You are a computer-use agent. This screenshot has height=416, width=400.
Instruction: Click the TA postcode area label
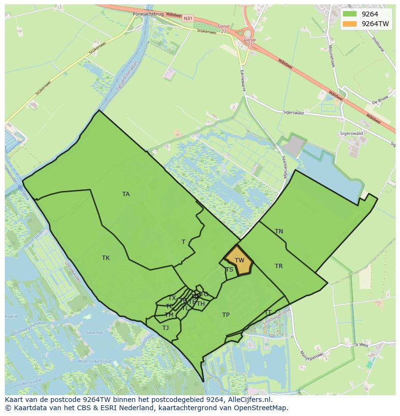(126, 194)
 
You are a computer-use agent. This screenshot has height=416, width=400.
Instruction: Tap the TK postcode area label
(106, 258)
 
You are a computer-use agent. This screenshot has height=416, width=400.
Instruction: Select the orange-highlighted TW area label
(240, 260)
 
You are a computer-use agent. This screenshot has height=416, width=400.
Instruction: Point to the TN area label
(279, 231)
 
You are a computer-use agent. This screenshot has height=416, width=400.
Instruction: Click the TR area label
(279, 266)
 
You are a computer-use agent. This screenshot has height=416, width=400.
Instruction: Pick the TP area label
(226, 315)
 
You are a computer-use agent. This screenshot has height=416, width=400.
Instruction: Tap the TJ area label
(166, 328)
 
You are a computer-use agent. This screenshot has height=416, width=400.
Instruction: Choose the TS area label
(229, 270)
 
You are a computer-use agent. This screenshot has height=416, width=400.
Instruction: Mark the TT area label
(268, 312)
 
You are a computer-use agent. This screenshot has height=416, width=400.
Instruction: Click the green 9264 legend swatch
(350, 14)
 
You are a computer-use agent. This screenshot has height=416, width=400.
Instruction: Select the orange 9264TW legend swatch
(350, 24)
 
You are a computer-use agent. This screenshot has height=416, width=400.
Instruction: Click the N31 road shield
(188, 18)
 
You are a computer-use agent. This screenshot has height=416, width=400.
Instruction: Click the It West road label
(361, 345)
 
